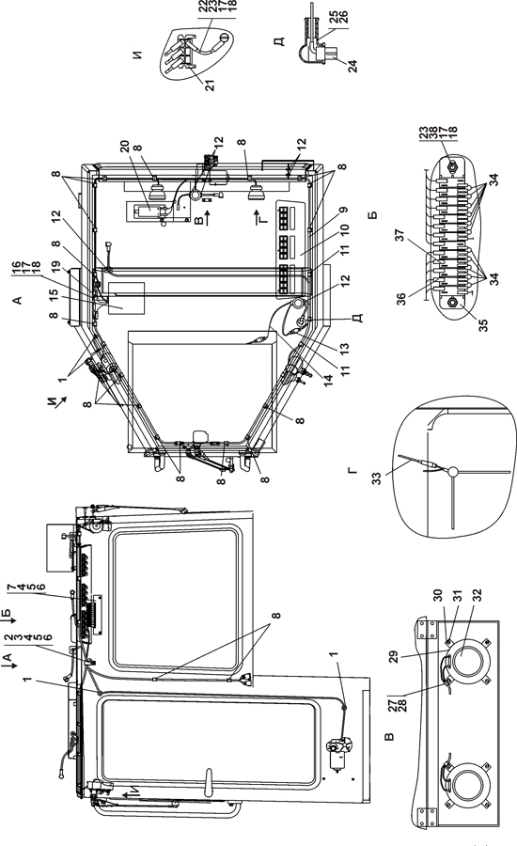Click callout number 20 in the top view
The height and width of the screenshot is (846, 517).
coord(124,147)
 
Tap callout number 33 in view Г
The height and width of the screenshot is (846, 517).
coord(377,478)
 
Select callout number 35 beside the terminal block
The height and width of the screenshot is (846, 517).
coord(482,325)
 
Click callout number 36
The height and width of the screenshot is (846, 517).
coord(401,300)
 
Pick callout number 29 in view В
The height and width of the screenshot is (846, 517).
coord(394,657)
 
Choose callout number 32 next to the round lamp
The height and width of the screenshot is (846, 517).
coord(477,596)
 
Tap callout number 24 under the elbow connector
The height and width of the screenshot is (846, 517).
coord(352,66)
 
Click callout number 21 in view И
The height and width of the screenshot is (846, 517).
coord(210,85)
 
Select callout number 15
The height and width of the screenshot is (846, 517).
coord(54,296)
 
